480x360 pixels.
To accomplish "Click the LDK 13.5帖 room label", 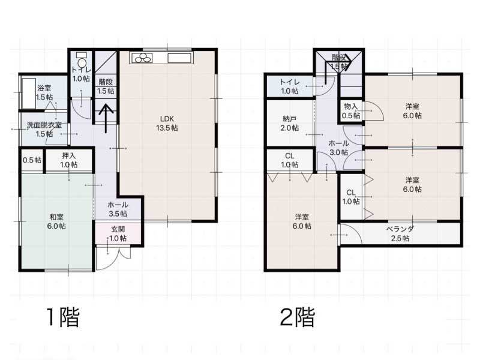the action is click(167, 124).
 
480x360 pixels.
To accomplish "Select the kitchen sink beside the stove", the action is click(179, 58).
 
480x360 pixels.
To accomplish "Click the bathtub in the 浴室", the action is click(28, 93).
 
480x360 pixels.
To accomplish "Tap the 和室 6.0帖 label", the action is click(56, 221).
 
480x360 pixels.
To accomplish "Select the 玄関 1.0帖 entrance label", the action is click(118, 233).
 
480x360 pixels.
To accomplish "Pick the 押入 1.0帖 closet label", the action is click(68, 160).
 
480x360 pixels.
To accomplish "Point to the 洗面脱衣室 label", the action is click(44, 125).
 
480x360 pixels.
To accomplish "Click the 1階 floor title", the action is click(63, 317).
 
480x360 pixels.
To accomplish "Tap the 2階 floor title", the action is click(297, 317).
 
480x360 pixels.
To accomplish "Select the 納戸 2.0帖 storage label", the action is click(290, 124).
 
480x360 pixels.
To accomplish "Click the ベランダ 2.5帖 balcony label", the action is click(400, 233).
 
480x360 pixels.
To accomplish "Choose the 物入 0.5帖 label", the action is click(351, 111).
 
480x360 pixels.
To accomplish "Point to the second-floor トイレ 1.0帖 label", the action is click(290, 86).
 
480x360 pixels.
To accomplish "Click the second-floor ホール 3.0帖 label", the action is click(338, 148).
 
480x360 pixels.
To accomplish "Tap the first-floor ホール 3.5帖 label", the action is click(118, 209).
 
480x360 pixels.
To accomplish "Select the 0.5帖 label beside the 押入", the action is click(32, 160).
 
